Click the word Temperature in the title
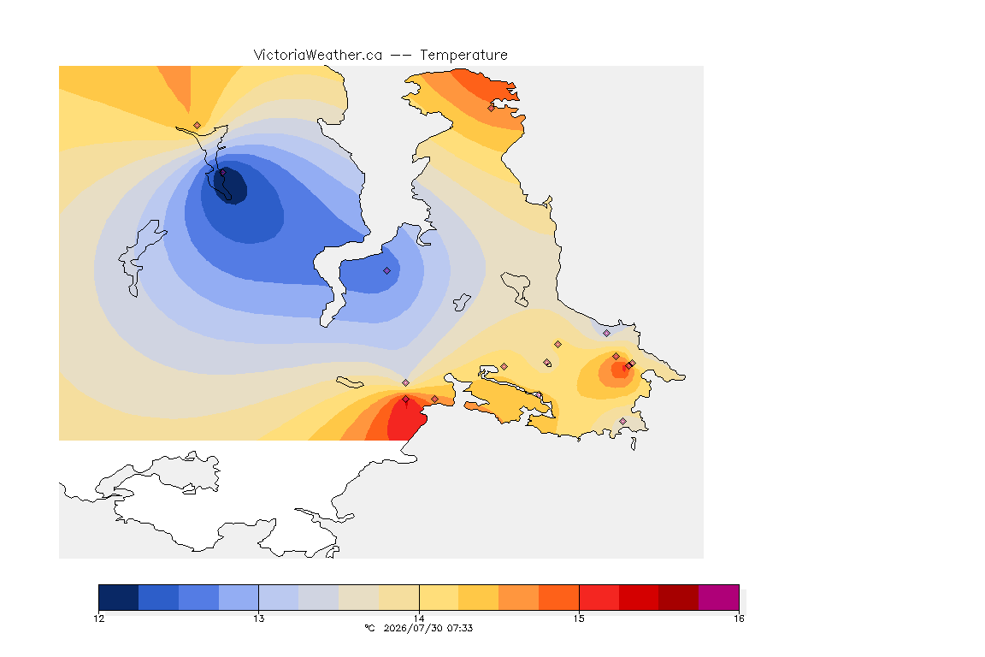point(463,56)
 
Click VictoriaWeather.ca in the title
point(318,56)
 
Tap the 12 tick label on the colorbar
point(99,619)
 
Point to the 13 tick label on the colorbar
point(259,619)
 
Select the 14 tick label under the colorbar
point(419,619)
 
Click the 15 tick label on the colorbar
point(579,619)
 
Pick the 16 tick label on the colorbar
point(739,619)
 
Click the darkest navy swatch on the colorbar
point(119,597)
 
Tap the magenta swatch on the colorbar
point(718,597)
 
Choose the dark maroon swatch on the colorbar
point(678,597)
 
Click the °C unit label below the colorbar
point(369,628)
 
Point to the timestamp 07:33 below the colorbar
point(460,628)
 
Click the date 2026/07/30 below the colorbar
point(413,628)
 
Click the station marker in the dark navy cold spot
point(222,172)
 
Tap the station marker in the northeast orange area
point(492,108)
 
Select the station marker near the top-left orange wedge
point(198,126)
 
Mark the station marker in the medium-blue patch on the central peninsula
point(387,271)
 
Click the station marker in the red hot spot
point(406,400)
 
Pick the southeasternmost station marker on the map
point(622,421)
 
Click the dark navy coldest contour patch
point(231,185)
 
